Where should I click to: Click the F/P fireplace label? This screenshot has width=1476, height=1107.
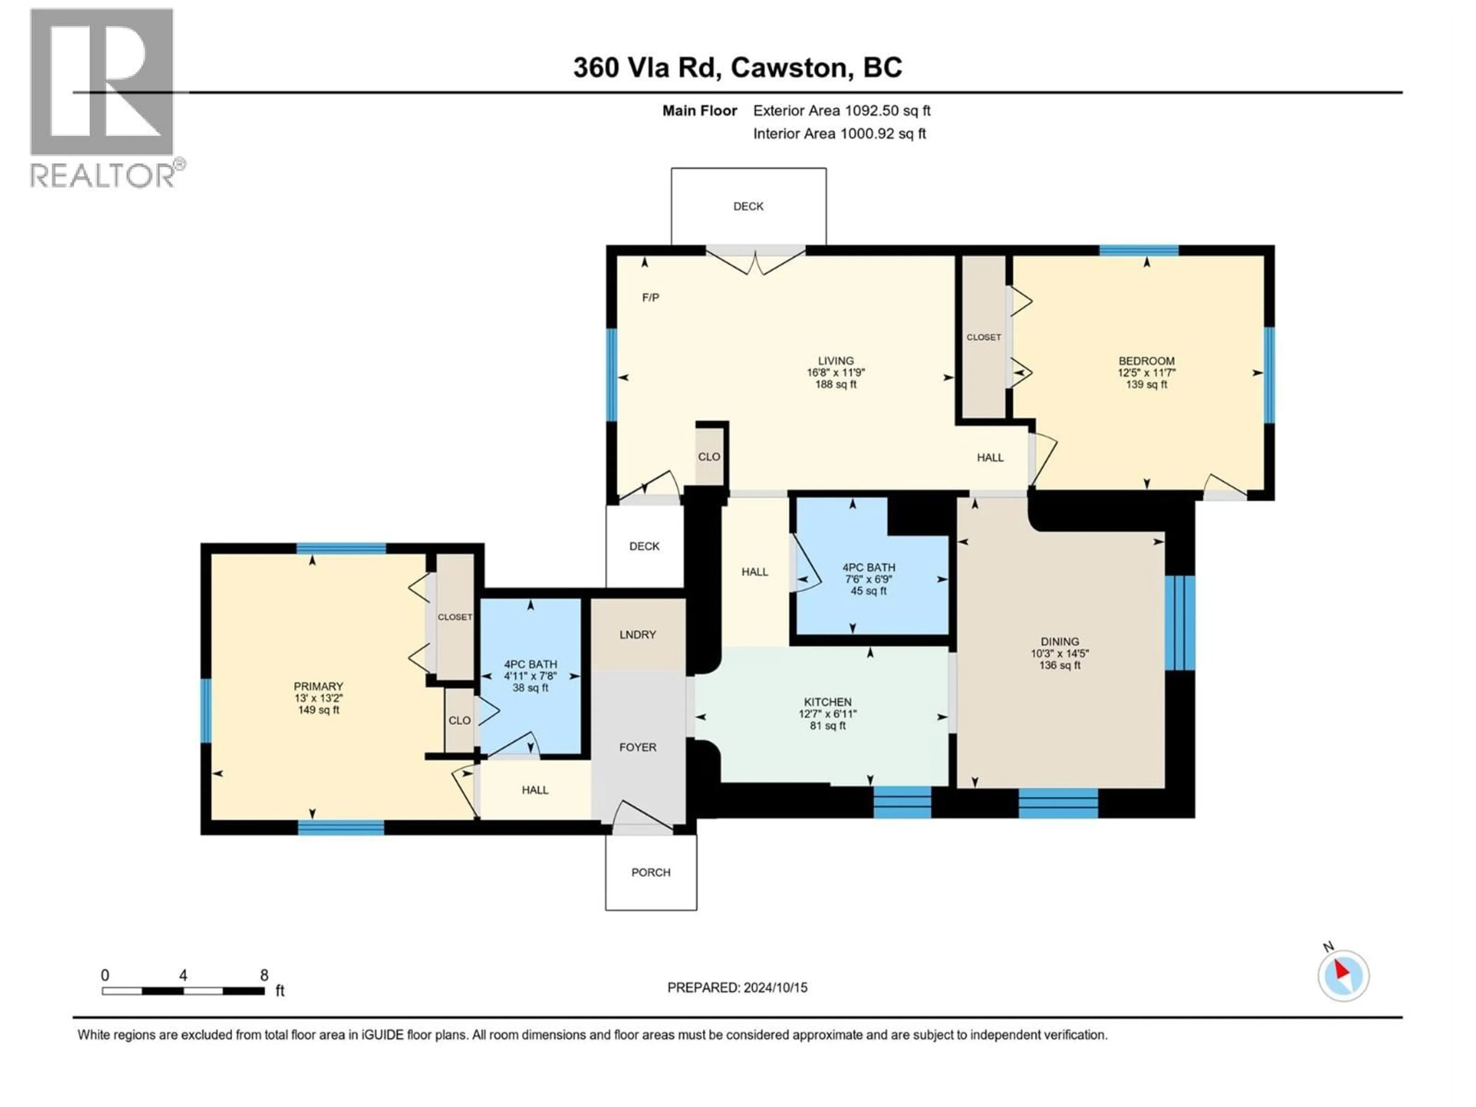pos(651,298)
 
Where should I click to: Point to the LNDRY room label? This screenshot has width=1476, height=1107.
pos(637,635)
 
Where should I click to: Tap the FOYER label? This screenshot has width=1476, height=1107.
pos(637,747)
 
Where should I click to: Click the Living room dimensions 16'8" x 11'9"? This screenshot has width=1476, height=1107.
pos(835,373)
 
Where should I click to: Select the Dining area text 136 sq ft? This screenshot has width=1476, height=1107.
pos(1060,665)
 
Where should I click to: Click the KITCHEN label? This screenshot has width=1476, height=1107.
pos(828,702)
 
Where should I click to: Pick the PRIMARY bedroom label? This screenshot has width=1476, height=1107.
pos(318,686)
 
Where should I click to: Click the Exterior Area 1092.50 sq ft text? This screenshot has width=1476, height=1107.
pos(841,111)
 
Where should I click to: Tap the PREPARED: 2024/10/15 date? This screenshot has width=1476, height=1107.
pos(737,987)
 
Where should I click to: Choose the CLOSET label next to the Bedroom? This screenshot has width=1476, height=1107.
pos(984,337)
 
